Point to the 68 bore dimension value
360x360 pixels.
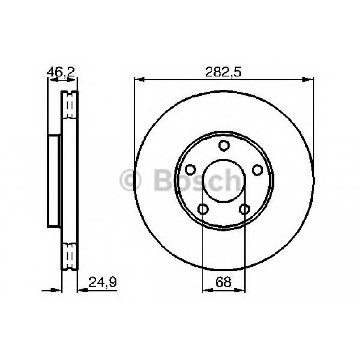pos(224,282)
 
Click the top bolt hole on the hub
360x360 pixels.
pos(224,145)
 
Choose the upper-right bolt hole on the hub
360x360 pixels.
pos(258,170)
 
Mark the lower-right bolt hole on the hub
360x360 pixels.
pos(245,209)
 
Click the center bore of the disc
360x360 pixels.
pos(224,181)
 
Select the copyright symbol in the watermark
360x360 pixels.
pos(131,180)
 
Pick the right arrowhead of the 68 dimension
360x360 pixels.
pos(241,291)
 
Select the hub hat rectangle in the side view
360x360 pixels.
pos(54,180)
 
